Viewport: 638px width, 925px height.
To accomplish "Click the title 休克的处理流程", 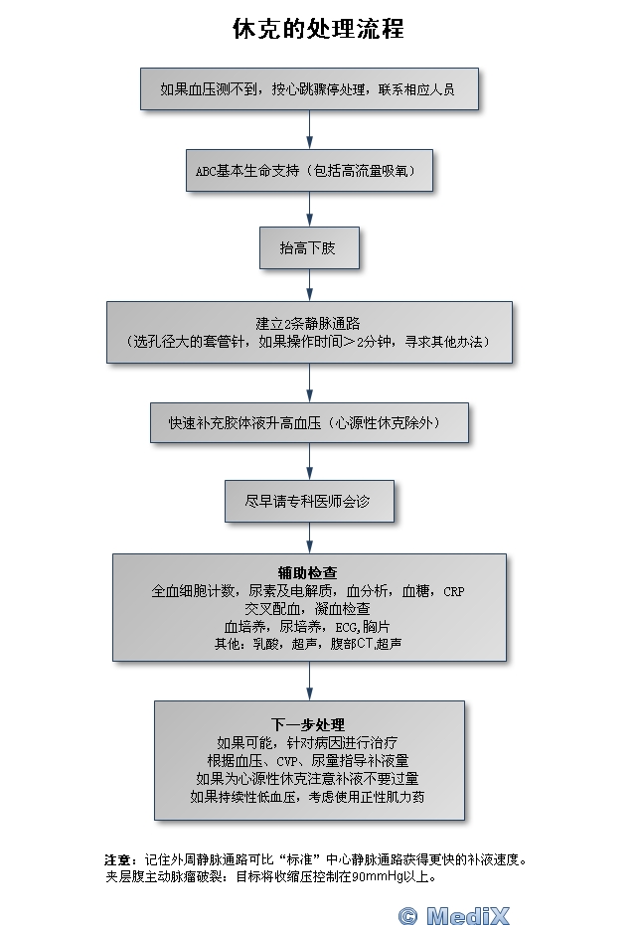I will [318, 29].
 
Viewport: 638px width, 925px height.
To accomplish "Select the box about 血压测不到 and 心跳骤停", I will [309, 88].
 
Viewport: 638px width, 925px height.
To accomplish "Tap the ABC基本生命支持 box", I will [309, 170].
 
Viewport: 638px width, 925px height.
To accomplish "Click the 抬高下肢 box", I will [309, 248].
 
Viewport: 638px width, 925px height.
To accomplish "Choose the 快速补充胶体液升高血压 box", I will [309, 423].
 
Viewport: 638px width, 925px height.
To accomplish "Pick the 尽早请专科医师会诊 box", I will [309, 502].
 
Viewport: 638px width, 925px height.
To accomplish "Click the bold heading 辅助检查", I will [307, 573].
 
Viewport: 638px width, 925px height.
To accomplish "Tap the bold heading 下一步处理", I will [308, 723].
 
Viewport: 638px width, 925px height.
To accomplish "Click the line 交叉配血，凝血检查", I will [307, 608].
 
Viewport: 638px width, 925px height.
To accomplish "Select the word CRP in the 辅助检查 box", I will [453, 591].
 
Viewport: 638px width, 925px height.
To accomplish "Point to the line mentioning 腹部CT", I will [308, 644].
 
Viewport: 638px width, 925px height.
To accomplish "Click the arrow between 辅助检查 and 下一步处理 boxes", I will [309, 681].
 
